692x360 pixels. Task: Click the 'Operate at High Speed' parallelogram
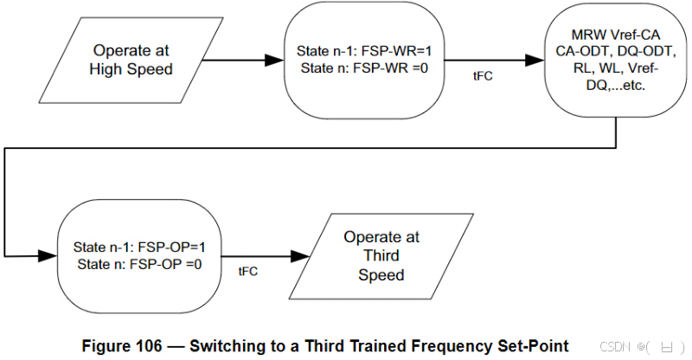pos(131,60)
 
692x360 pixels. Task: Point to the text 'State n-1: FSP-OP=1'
pos(138,247)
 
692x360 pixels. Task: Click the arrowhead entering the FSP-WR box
pos(275,61)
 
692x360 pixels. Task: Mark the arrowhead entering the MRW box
pos(535,61)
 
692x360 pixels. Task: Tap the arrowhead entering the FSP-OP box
pos(47,256)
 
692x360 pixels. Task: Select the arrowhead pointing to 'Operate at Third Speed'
pos(300,256)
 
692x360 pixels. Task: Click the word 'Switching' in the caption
pos(222,345)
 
